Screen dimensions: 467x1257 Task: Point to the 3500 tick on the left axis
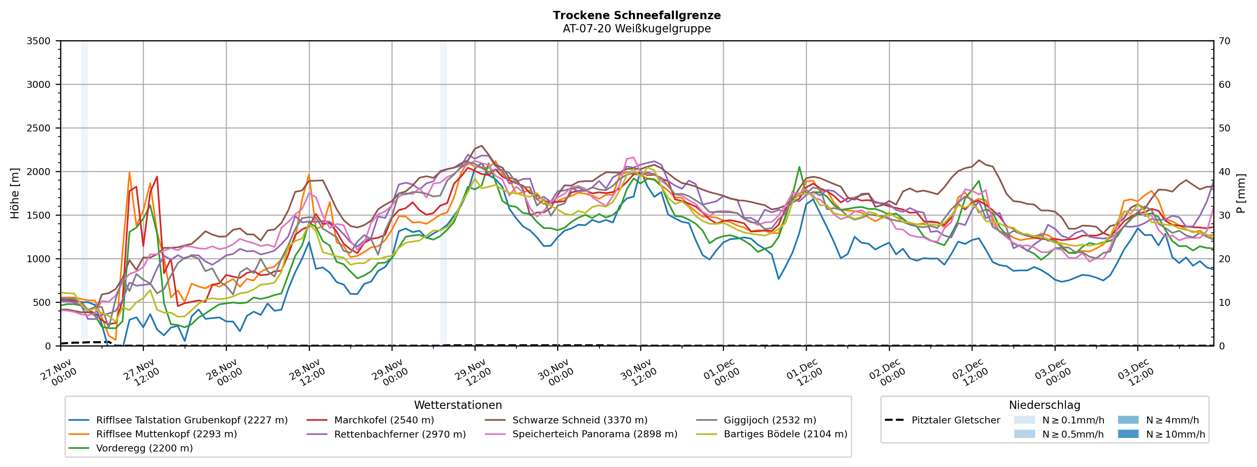click(39, 41)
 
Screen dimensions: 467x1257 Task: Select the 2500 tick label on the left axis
click(39, 128)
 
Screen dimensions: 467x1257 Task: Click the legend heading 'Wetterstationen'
click(458, 405)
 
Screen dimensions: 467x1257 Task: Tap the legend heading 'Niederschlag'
click(1044, 405)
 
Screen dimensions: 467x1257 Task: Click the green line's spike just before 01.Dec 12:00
click(799, 167)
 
